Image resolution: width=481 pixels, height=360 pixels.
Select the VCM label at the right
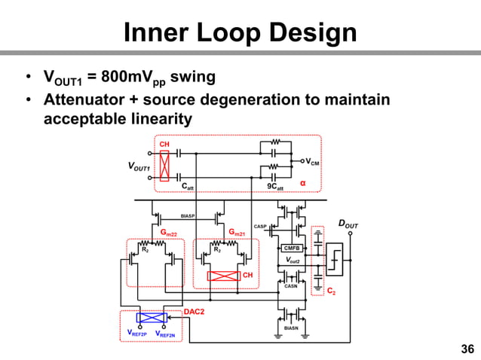pos(311,160)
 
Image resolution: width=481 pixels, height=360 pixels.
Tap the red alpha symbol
pos(303,183)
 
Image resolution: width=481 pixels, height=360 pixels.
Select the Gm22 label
pos(167,234)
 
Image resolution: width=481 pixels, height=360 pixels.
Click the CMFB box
pos(292,248)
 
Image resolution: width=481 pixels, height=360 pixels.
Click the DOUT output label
pos(348,224)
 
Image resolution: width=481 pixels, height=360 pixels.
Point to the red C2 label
pos(331,290)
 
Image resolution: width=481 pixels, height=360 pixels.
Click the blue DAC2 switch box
pos(155,318)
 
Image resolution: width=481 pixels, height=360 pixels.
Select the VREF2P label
pos(138,334)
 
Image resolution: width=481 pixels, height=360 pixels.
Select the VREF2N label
pos(165,334)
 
